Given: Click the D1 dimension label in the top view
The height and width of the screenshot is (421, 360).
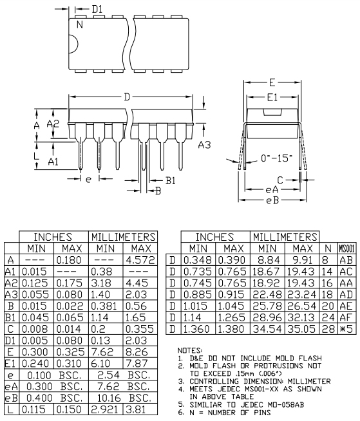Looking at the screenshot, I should pyautogui.click(x=97, y=10).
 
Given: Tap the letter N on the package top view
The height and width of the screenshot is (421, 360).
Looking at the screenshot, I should pyautogui.click(x=80, y=25).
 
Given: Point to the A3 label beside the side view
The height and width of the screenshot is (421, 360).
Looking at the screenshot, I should pyautogui.click(x=204, y=145).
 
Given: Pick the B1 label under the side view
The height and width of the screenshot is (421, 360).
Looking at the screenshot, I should pyautogui.click(x=170, y=182).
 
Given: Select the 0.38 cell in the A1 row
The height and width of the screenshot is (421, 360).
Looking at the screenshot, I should pyautogui.click(x=105, y=272).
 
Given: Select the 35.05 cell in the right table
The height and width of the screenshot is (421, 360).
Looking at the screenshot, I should pyautogui.click(x=305, y=330).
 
